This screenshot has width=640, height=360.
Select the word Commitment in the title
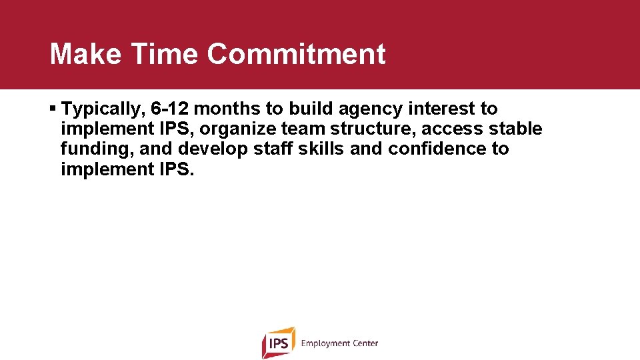(296, 54)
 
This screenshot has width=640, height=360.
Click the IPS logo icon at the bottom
(278, 343)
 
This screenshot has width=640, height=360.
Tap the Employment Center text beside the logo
(339, 343)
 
